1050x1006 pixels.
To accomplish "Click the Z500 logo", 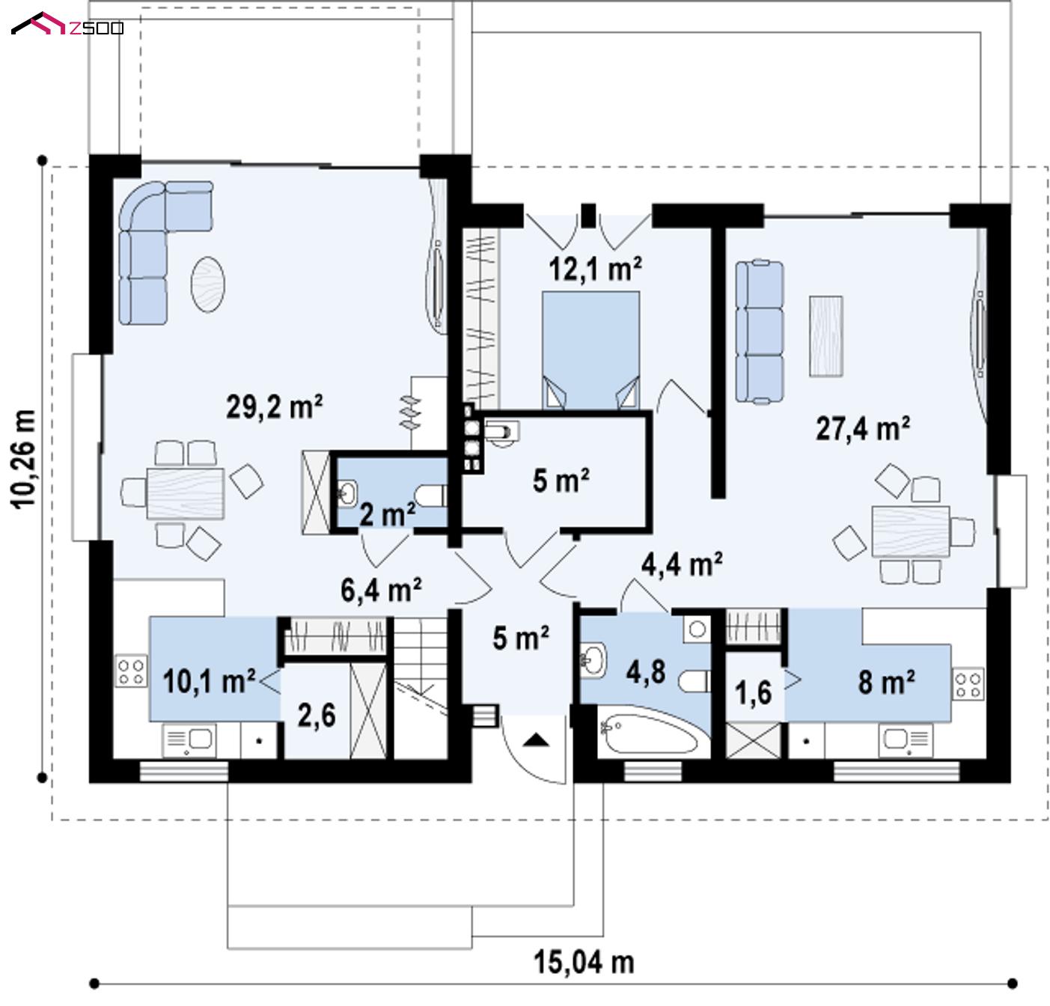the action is [67, 24].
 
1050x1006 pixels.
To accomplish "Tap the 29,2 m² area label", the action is [274, 407].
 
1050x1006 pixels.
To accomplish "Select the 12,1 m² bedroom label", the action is [595, 269].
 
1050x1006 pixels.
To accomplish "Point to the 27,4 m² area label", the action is [863, 428].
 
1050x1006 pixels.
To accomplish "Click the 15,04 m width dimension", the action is [584, 963].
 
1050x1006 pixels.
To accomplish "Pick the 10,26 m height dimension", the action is [24, 459].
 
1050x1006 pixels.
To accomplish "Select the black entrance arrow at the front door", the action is [536, 740].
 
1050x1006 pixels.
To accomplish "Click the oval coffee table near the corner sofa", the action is [208, 284].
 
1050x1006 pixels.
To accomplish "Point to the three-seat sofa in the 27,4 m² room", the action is [759, 332].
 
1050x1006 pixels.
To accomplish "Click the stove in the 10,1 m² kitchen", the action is [131, 671].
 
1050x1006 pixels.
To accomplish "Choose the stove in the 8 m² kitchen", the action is [968, 684].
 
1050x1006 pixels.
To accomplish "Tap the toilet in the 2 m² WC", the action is [431, 496].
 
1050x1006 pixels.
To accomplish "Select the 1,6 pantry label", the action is [753, 693].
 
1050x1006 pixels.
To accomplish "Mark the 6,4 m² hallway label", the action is [381, 590].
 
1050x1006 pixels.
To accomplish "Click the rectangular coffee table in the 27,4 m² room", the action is [825, 336].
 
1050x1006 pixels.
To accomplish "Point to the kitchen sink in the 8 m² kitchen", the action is [906, 740].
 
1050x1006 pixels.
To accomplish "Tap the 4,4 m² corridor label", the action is [682, 564].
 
